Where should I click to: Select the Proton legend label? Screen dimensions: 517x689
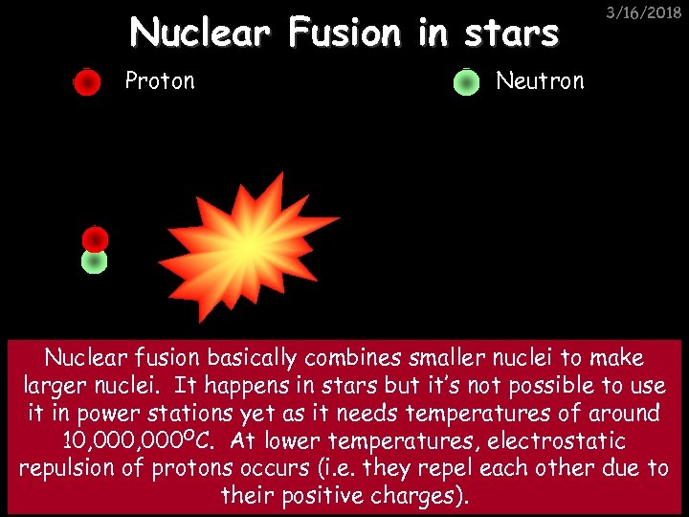point(159,80)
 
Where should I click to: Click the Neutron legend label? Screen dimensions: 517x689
point(539,80)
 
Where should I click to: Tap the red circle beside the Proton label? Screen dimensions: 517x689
point(87,83)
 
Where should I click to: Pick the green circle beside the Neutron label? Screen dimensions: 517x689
point(466,83)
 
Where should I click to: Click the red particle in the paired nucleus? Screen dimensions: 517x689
point(95,239)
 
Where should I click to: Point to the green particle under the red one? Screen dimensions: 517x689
point(94,261)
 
